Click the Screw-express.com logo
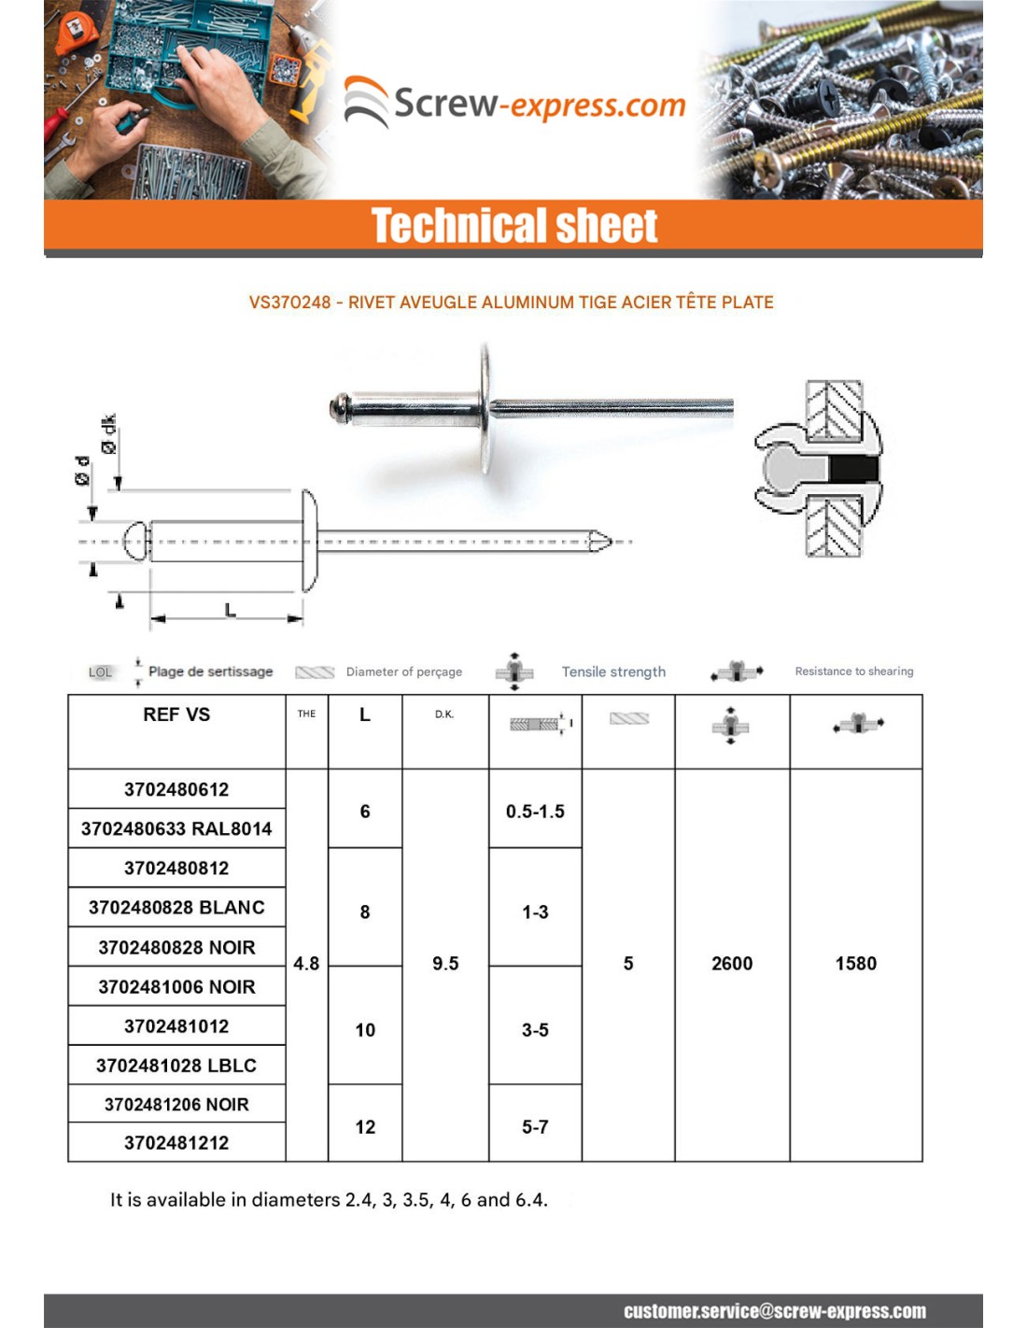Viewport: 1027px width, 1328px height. pos(515,103)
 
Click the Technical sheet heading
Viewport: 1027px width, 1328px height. pos(514,226)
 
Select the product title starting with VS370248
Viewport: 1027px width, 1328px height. pos(511,303)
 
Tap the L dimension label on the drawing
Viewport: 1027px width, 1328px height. pos(230,610)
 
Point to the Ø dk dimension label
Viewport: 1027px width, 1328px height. pos(109,434)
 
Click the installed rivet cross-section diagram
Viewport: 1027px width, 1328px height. pos(819,469)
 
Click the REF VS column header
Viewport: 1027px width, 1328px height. pos(176,714)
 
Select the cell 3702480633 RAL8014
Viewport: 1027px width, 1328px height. pos(176,828)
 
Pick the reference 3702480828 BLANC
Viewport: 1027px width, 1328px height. pos(176,908)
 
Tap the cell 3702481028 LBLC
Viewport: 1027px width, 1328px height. pos(176,1066)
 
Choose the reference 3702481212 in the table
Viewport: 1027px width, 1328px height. pos(176,1143)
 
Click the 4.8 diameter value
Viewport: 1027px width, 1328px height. pos(306,964)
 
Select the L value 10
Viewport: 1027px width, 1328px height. pos(365,1030)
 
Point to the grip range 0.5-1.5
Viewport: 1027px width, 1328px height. pos(535,812)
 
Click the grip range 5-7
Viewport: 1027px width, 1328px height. pos(535,1127)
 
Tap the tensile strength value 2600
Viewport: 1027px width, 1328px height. pos(732,964)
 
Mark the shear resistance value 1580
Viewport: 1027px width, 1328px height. pos(856,964)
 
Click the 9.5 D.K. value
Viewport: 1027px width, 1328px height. pos(445,964)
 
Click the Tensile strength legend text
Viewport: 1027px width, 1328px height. pos(613,671)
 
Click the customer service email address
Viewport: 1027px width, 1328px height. pos(775,1311)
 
